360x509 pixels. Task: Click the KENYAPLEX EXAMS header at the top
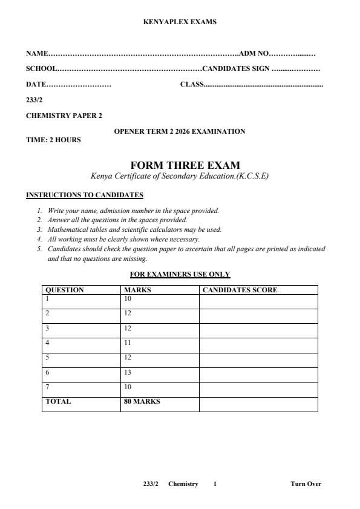pos(180,22)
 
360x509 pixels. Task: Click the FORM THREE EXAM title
pos(185,165)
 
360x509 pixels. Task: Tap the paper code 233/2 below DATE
pos(34,100)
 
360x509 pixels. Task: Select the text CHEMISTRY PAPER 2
pos(64,116)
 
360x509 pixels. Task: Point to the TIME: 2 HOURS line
pos(53,140)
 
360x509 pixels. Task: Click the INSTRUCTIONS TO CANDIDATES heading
pos(85,195)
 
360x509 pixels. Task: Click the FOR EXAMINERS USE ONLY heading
pos(180,274)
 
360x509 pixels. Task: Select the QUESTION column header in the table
pos(65,290)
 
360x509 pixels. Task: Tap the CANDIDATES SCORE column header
pos(240,290)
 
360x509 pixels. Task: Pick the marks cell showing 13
pos(128,372)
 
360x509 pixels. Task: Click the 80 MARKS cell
pos(142,401)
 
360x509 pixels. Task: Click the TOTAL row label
pos(58,401)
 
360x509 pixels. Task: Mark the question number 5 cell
pos(48,357)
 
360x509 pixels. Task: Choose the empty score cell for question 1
pos(258,300)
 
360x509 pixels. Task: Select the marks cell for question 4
pos(128,343)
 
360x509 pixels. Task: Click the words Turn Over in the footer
pos(306,484)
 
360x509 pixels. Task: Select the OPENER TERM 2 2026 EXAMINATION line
pos(180,131)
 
